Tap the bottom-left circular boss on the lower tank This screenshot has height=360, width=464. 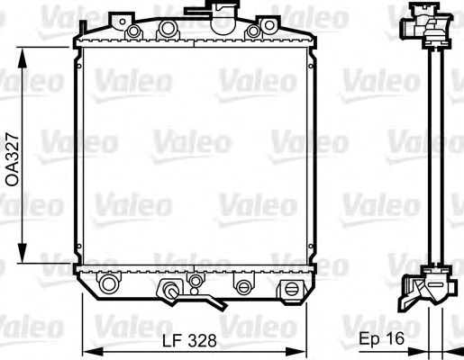(108, 286)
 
